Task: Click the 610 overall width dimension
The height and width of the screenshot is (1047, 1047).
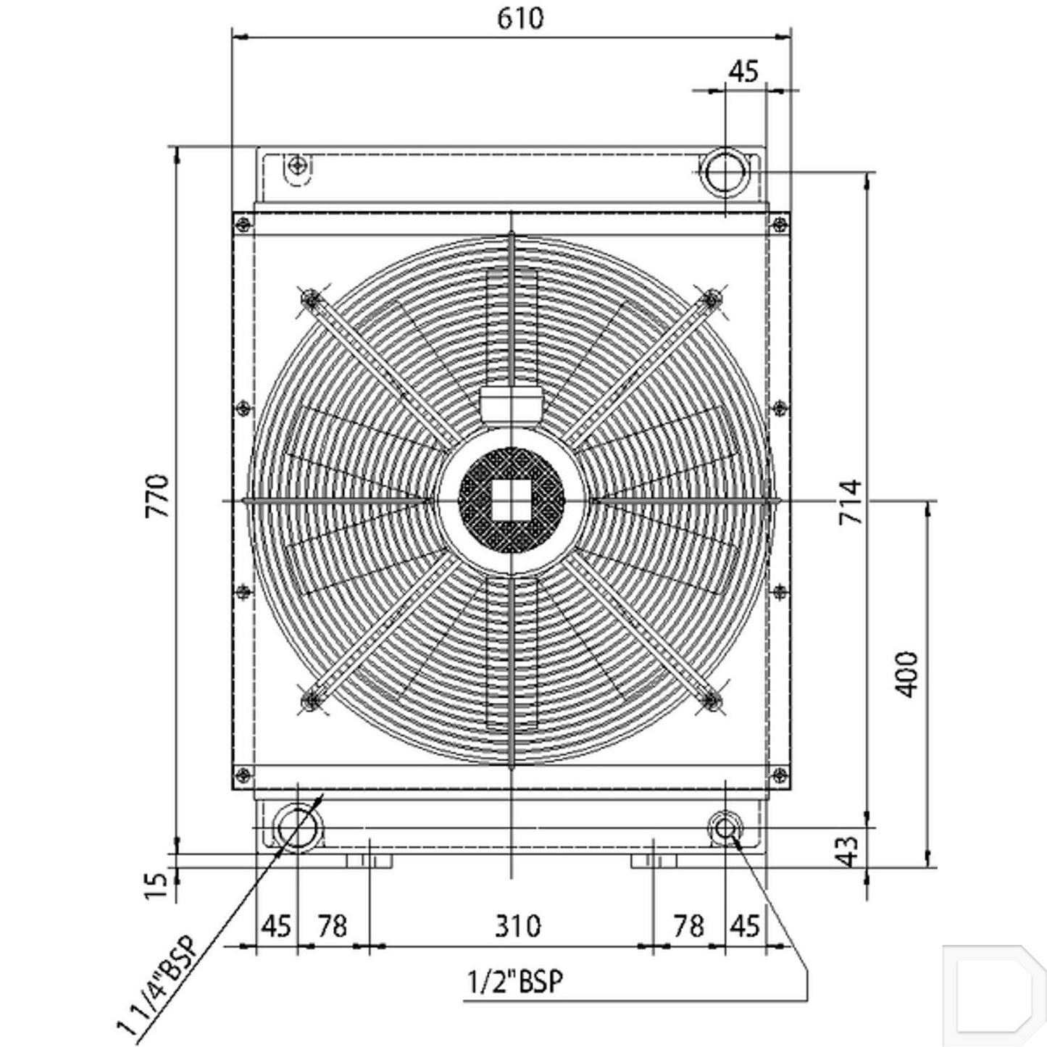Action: point(520,19)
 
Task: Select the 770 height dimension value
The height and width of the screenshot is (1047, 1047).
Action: point(157,496)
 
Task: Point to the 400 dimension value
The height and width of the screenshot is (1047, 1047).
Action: point(906,675)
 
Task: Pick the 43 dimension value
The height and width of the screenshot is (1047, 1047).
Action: point(848,851)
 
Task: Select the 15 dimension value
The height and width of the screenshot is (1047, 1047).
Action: point(157,886)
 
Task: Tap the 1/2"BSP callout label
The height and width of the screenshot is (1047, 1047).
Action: point(515,982)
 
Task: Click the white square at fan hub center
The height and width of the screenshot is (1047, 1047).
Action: point(512,500)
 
